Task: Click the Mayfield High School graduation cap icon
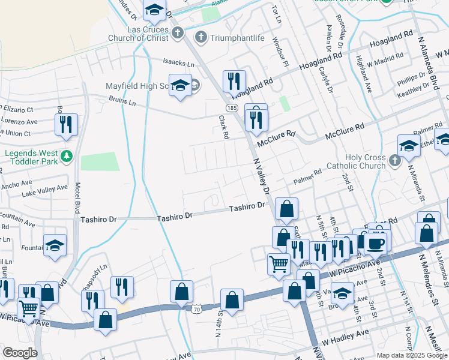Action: click(179, 85)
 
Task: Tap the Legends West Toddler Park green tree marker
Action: click(67, 157)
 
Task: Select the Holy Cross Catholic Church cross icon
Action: click(394, 160)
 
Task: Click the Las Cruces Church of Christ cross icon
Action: click(177, 33)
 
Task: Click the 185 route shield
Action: click(231, 106)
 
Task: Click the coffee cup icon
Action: click(376, 242)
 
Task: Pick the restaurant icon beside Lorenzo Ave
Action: click(65, 124)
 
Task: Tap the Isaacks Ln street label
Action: click(179, 62)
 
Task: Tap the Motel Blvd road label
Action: click(77, 198)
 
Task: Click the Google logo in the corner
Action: click(20, 353)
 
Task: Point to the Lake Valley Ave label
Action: click(44, 189)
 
